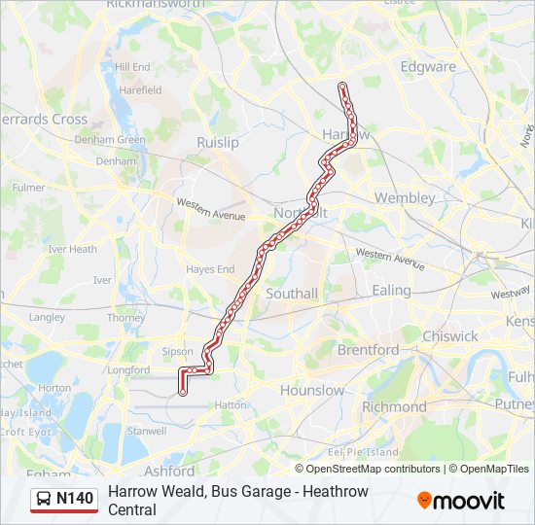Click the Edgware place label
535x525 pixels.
pos(428,67)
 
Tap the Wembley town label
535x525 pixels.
pos(405,197)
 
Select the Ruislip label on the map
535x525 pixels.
pos(217,142)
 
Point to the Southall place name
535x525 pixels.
pos(292,293)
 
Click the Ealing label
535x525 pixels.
pos(392,290)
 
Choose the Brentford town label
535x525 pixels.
pos(368,349)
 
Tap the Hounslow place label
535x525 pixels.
pos(312,390)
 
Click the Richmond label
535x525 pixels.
pos(394,406)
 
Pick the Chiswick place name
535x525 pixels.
pos(450,335)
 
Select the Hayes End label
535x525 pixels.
pos(211,269)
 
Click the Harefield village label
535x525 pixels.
pos(140,90)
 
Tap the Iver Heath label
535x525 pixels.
pos(73,249)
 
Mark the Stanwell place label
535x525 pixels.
pos(147,429)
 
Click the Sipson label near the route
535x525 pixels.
pos(178,352)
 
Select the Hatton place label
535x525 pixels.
pos(230,403)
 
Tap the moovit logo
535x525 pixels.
pos(461,501)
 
